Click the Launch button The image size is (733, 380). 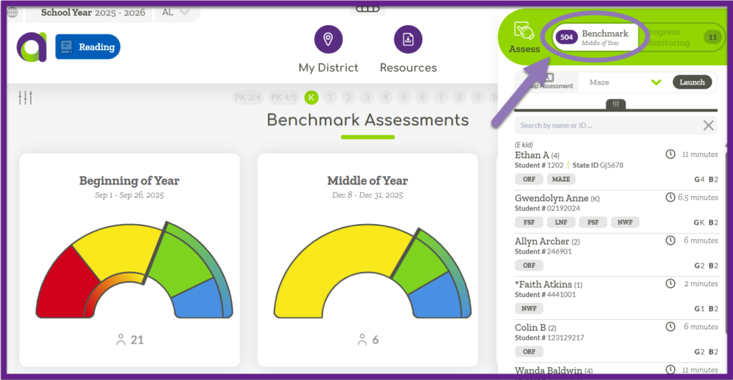click(x=692, y=82)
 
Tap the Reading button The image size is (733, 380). click(x=88, y=47)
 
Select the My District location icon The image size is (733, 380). click(x=328, y=39)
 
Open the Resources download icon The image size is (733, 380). click(x=408, y=39)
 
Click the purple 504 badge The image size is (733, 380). click(x=567, y=37)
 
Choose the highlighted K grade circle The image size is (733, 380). click(x=311, y=97)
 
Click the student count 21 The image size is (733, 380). click(x=137, y=340)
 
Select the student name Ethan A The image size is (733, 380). click(x=532, y=155)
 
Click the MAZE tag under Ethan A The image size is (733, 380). click(x=561, y=180)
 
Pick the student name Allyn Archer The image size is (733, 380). click(x=542, y=242)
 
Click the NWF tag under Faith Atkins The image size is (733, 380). click(x=529, y=308)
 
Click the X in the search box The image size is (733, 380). click(x=708, y=126)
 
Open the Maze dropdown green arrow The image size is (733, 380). click(x=656, y=82)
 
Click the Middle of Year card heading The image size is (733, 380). click(x=367, y=181)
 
